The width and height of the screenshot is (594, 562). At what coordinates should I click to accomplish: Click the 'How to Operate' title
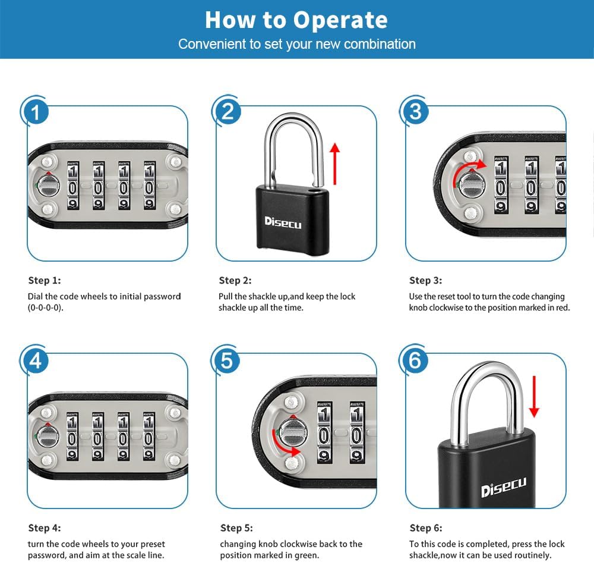pyautogui.click(x=296, y=20)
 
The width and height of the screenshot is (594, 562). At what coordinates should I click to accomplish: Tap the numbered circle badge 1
pyautogui.click(x=35, y=112)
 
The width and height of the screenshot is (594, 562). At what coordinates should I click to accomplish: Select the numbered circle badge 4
pyautogui.click(x=35, y=360)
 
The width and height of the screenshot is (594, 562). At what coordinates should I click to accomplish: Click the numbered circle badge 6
pyautogui.click(x=415, y=360)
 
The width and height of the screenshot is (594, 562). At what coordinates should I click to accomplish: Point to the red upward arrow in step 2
pyautogui.click(x=334, y=164)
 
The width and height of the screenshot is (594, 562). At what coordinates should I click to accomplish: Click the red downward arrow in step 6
pyautogui.click(x=534, y=396)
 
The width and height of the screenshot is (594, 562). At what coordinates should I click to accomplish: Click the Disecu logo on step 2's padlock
pyautogui.click(x=283, y=222)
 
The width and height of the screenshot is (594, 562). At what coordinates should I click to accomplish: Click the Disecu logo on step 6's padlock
pyautogui.click(x=504, y=487)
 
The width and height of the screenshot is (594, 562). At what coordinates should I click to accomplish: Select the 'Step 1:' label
pyautogui.click(x=45, y=280)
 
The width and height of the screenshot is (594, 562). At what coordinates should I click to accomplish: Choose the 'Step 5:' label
pyautogui.click(x=236, y=528)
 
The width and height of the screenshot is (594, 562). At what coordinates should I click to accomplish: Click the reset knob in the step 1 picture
pyautogui.click(x=48, y=186)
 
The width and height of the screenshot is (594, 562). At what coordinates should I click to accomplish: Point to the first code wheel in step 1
pyautogui.click(x=72, y=186)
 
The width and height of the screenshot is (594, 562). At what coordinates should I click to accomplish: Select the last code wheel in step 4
pyautogui.click(x=149, y=437)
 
